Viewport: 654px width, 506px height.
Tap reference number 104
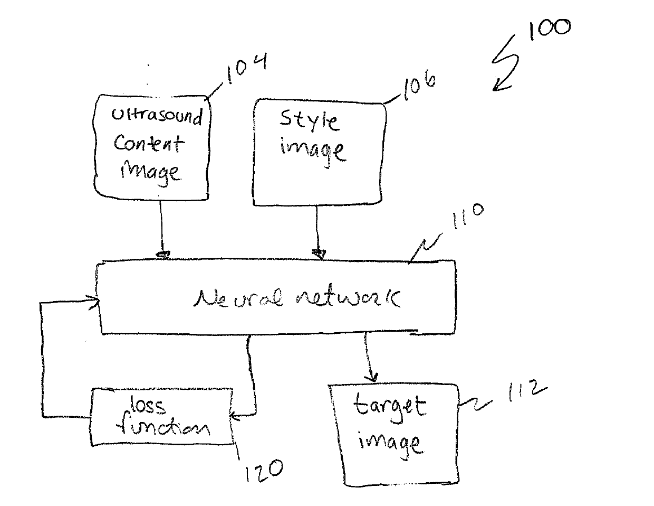click(x=245, y=69)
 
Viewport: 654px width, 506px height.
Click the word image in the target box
click(x=390, y=441)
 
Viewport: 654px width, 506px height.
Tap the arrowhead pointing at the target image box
click(x=372, y=377)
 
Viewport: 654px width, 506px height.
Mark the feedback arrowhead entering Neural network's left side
click(x=95, y=303)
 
